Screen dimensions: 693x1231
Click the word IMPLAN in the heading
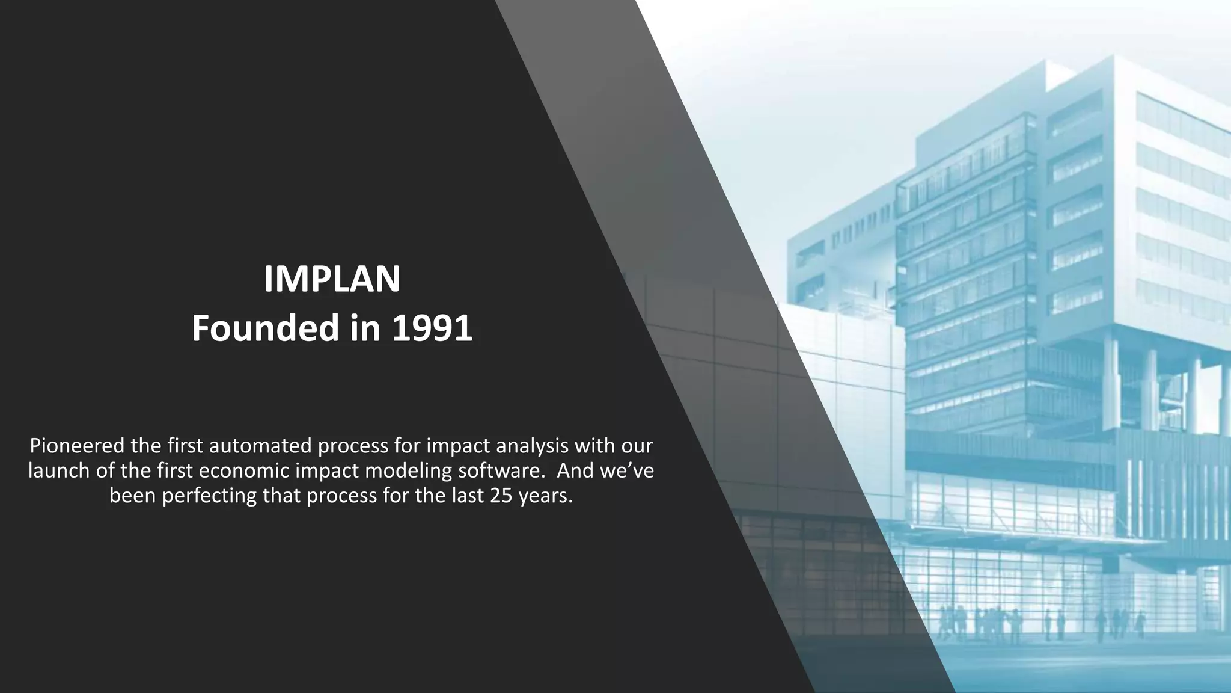(x=332, y=279)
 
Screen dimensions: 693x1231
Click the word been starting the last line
(x=133, y=496)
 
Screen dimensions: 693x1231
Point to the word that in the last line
(x=283, y=496)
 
